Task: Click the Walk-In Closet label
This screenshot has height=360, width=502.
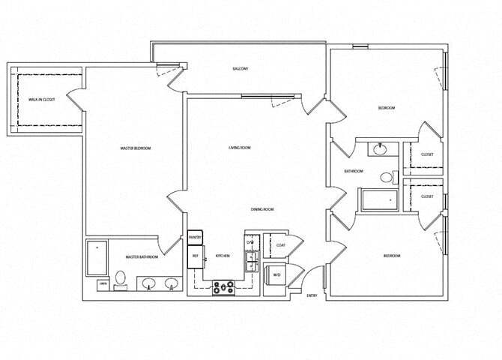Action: (40, 99)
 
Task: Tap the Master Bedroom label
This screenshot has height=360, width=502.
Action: (136, 148)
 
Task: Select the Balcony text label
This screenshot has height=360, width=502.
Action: (240, 69)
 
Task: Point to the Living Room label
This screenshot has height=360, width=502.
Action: (240, 148)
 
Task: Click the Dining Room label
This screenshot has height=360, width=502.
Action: (262, 209)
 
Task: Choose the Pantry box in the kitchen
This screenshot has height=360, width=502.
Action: (195, 238)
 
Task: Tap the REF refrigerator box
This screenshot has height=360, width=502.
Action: (195, 256)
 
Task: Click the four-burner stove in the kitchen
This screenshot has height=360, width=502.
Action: (223, 286)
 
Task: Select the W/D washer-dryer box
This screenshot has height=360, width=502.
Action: (275, 274)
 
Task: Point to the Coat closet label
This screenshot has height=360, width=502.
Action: (280, 245)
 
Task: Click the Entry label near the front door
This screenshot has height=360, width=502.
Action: (312, 295)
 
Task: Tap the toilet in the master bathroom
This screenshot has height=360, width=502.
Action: (120, 282)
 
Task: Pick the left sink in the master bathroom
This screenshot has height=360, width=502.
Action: (148, 284)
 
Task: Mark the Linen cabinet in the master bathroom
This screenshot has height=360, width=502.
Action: (103, 284)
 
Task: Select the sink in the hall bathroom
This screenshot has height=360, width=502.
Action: (380, 148)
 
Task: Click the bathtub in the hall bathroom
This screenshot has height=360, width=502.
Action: (381, 200)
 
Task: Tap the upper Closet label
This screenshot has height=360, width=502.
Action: (427, 154)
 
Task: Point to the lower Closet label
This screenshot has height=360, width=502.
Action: (427, 196)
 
